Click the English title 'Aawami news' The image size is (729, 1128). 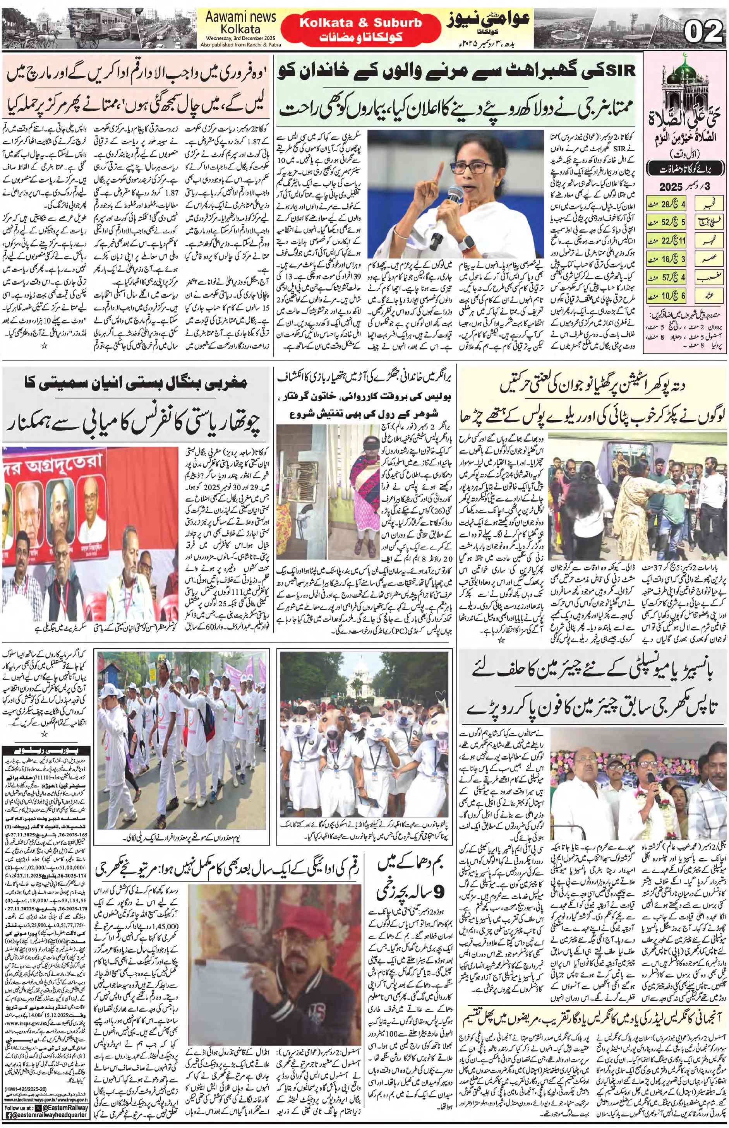pyautogui.click(x=240, y=17)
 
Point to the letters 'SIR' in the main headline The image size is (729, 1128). pyautogui.click(x=621, y=72)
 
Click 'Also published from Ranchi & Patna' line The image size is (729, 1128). pyautogui.click(x=240, y=45)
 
